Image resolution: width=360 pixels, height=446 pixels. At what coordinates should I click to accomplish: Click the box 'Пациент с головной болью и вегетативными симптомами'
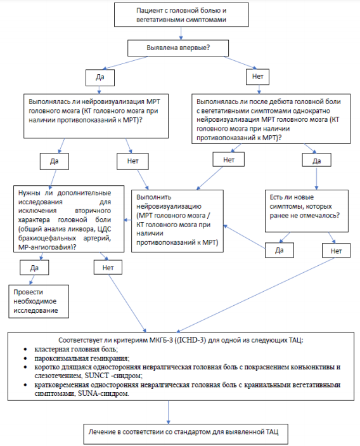click(181, 15)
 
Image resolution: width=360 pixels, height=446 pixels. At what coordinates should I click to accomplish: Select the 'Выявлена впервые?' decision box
click(178, 48)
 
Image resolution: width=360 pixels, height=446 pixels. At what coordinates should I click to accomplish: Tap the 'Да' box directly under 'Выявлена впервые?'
click(100, 77)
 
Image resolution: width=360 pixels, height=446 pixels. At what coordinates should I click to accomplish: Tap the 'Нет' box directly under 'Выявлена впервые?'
click(257, 77)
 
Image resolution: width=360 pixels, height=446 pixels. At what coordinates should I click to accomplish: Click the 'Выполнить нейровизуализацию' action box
click(177, 221)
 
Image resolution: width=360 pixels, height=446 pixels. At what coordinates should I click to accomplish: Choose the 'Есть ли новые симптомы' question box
click(307, 211)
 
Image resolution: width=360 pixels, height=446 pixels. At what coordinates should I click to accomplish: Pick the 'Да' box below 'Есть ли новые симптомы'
click(280, 250)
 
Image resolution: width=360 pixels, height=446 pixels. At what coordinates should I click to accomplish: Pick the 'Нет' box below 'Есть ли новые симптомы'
click(336, 251)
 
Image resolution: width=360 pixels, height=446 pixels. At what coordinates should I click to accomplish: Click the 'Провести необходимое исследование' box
click(39, 301)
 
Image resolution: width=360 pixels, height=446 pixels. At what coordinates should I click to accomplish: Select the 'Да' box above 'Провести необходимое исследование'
click(34, 267)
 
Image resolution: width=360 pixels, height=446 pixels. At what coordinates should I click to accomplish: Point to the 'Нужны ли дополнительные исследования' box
click(68, 219)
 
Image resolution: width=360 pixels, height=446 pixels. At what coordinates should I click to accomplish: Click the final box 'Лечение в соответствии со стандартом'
click(186, 433)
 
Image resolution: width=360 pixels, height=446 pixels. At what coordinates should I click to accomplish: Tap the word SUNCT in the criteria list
click(96, 376)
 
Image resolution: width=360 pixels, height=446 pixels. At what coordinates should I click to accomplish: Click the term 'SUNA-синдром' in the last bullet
click(103, 394)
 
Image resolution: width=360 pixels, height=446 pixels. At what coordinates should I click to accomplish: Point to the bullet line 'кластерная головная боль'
click(76, 349)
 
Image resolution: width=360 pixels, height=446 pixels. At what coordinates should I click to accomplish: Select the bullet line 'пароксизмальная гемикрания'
click(82, 358)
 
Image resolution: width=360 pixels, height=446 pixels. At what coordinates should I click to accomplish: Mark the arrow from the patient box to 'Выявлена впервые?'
click(181, 33)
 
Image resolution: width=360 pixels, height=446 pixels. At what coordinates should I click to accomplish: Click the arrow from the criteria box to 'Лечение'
click(169, 412)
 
